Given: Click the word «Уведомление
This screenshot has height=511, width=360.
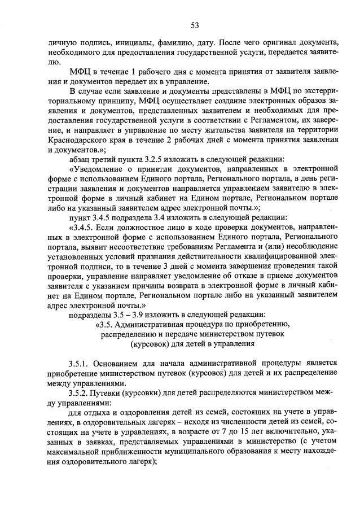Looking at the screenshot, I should pos(100,169).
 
